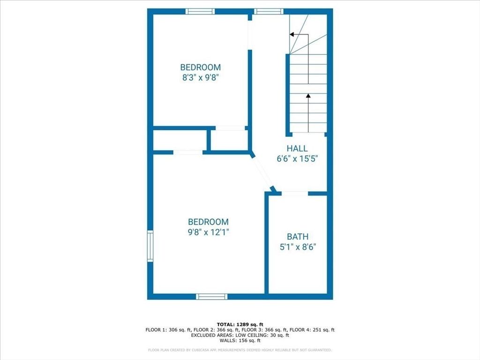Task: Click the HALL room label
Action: (x=297, y=149)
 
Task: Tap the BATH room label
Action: (x=298, y=237)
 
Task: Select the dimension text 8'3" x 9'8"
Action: (x=201, y=78)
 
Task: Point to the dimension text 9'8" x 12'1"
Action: (x=208, y=232)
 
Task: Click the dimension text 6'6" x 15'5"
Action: (x=297, y=159)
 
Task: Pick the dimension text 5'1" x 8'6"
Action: (x=298, y=247)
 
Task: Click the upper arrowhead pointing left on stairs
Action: (x=292, y=34)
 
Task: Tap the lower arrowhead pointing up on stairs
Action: (x=308, y=96)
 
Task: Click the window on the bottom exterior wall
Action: (x=211, y=296)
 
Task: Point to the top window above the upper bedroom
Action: (x=200, y=11)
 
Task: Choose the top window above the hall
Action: (x=269, y=11)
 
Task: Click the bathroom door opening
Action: (x=295, y=193)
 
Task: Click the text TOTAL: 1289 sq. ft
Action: (x=240, y=324)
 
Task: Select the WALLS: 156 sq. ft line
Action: (x=240, y=340)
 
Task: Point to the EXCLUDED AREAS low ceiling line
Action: (x=240, y=335)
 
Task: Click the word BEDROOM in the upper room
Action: (x=201, y=67)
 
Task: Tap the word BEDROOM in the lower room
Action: (x=208, y=222)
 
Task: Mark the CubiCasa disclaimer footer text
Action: (x=240, y=350)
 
